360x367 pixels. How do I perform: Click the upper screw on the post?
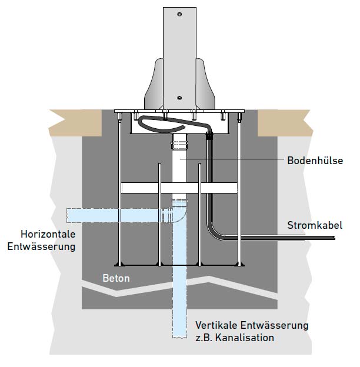point(179,14)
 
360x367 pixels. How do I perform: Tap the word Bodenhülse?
point(315,160)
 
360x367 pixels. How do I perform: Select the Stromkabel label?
point(314,225)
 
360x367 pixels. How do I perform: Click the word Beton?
point(116,278)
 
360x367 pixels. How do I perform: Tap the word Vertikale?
point(217,325)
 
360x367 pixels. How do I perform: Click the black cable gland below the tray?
point(209,136)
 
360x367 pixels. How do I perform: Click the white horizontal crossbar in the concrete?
point(179,188)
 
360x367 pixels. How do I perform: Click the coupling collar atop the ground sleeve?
point(179,143)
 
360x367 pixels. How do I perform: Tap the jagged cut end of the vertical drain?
point(179,338)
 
